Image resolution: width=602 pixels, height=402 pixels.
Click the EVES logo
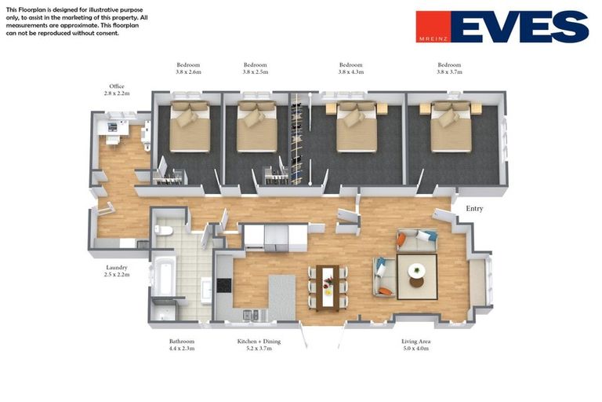coord(502,27)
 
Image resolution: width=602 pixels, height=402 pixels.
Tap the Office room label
coord(117,86)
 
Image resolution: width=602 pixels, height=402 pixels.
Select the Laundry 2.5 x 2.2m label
coord(117,271)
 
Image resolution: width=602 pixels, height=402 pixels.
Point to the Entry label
coord(474,209)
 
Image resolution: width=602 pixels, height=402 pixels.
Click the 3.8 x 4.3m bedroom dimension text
coord(351,72)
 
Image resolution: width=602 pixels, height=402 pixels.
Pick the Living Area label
coord(415,342)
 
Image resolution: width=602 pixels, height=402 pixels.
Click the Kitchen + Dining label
coord(259,342)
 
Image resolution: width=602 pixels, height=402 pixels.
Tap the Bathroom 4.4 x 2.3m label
coord(182,345)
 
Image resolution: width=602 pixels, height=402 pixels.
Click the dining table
coord(328,287)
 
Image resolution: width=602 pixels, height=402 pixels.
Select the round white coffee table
coord(416,270)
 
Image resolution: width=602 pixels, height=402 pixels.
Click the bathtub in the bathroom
coord(164,276)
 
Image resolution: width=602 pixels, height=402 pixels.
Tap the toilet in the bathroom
coord(164,230)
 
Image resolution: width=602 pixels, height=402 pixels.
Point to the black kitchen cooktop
coord(224,286)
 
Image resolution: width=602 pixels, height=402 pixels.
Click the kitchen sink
coord(251,315)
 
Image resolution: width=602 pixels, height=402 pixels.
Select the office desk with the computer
coord(113,128)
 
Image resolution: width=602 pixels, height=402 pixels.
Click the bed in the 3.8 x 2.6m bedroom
coord(190,126)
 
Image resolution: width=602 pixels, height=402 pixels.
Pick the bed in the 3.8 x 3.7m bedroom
coord(451,126)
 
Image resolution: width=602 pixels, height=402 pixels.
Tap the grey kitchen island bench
coord(282,297)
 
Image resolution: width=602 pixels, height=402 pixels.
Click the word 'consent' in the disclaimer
coord(108,33)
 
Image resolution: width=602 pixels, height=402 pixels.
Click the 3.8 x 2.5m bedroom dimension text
coord(256,72)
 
